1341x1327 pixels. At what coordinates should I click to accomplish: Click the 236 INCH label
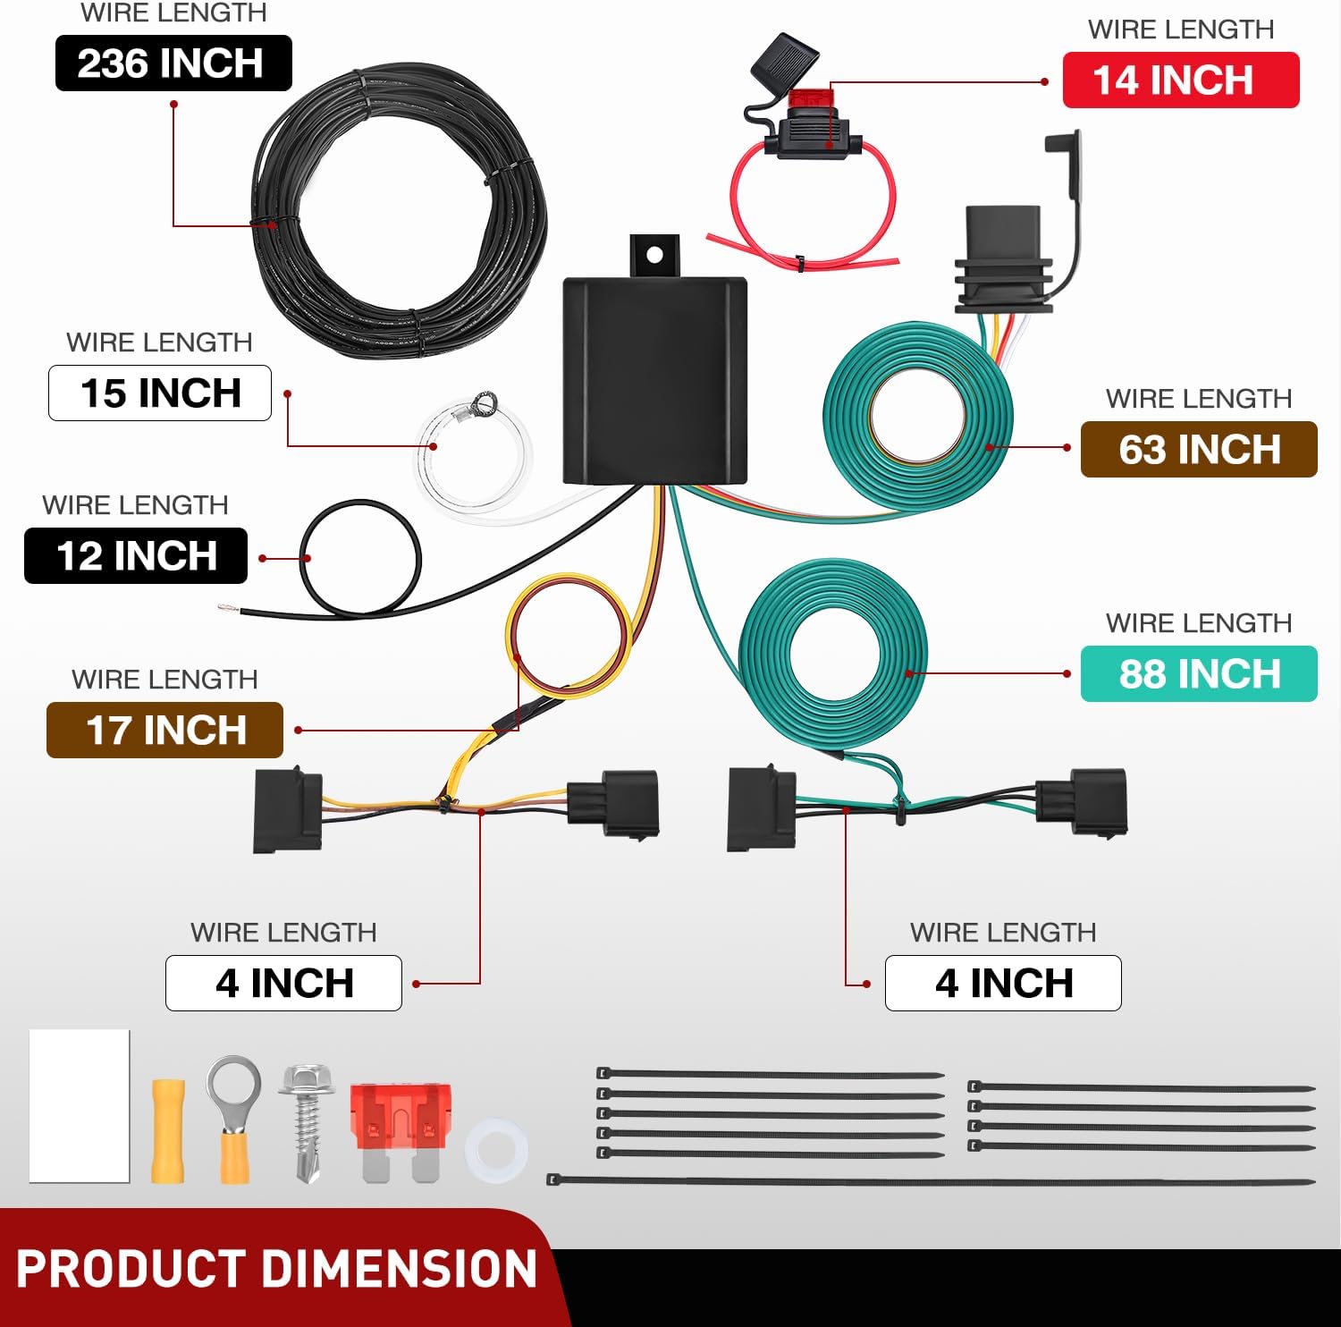[173, 63]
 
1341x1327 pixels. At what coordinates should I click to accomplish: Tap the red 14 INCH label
[1179, 80]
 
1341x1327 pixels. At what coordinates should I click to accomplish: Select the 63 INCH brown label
[1198, 450]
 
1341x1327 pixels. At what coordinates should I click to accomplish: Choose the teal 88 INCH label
[1198, 674]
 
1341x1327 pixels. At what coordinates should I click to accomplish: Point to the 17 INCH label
[164, 731]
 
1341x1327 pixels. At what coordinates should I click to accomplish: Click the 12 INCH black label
[136, 556]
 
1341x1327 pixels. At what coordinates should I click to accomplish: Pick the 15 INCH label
[160, 393]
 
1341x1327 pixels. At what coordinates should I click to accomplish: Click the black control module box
[654, 380]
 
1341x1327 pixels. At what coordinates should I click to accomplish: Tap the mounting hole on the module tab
[654, 255]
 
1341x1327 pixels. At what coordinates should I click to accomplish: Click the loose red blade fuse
[401, 1127]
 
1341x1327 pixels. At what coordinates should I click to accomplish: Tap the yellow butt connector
[168, 1132]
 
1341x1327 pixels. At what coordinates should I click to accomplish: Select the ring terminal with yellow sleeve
[234, 1118]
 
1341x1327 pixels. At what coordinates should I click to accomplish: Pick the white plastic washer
[496, 1149]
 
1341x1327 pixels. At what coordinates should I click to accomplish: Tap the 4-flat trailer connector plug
[1002, 259]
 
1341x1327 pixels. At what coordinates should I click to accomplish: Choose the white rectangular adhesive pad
[80, 1105]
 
